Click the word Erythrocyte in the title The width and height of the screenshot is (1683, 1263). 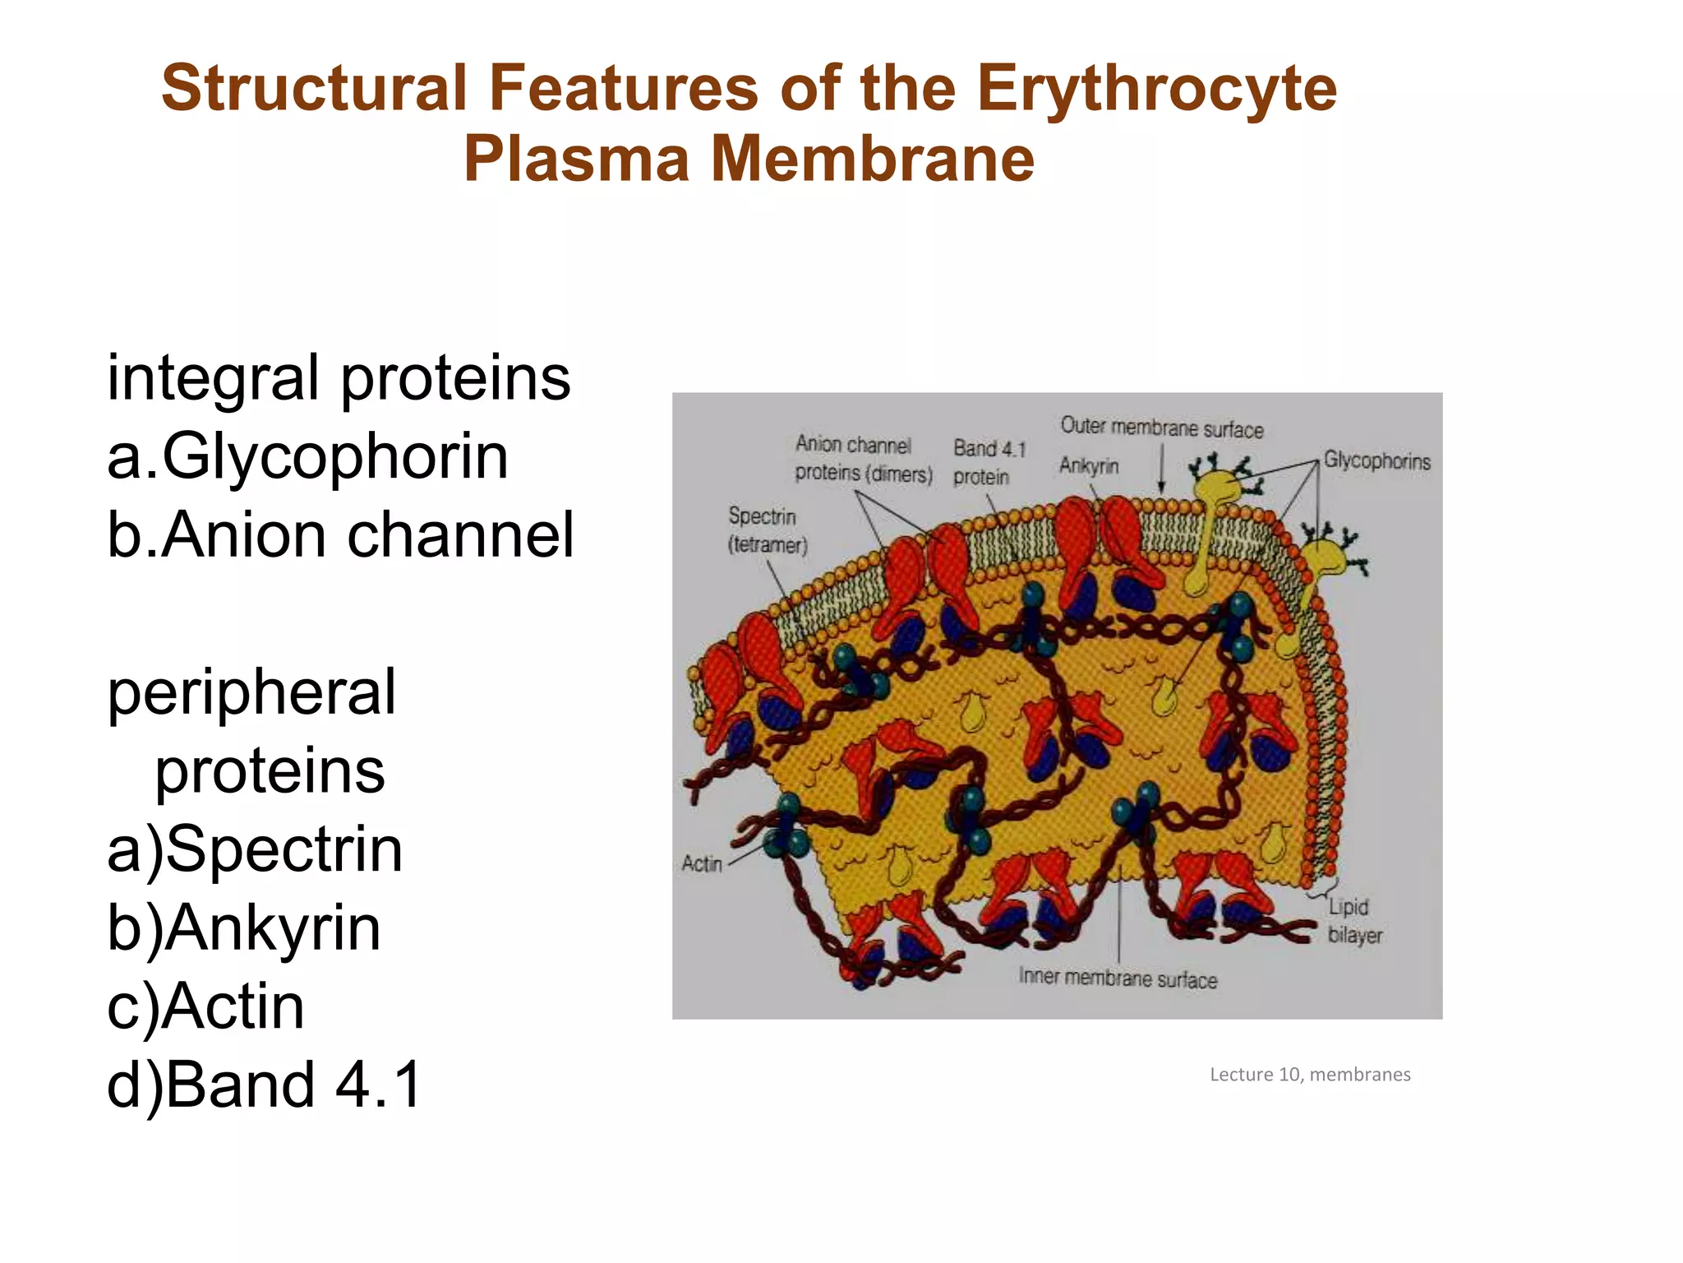1156,89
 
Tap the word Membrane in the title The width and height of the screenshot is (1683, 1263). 872,159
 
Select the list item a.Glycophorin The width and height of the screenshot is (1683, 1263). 307,456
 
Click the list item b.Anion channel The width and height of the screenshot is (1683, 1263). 340,535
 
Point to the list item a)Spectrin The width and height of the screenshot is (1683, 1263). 255,849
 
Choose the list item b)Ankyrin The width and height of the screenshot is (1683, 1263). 244,928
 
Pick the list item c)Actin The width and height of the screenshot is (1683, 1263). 205,1006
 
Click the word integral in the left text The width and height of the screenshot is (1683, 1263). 213,378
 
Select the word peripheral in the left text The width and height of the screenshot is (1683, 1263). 251,692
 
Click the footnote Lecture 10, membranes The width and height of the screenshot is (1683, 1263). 1310,1075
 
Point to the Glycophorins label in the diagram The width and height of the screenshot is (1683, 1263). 1376,461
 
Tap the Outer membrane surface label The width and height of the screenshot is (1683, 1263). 1161,428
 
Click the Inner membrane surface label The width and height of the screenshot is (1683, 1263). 1118,978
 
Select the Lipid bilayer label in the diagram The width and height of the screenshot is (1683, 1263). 1354,921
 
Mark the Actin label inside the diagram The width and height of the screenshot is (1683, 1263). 702,863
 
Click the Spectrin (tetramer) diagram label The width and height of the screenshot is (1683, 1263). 767,530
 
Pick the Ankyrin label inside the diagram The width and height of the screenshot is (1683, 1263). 1089,465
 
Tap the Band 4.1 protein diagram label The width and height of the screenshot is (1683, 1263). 989,462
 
